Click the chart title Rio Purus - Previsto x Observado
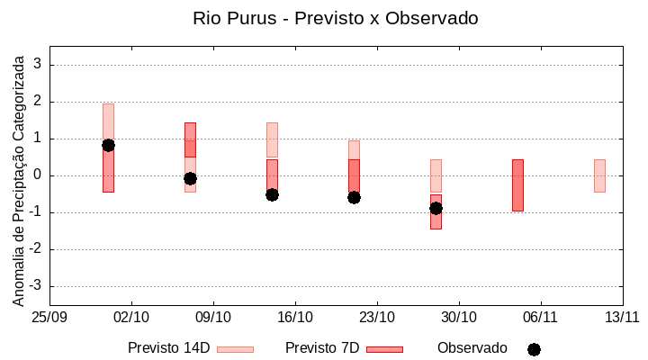(336, 18)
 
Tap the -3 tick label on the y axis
(36, 286)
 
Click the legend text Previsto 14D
(168, 348)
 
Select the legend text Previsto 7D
(322, 348)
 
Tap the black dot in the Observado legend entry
(534, 349)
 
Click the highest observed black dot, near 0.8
(108, 145)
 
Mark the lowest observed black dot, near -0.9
(436, 208)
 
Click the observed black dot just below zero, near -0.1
(190, 178)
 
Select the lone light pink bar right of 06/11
(599, 175)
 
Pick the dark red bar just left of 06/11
(517, 185)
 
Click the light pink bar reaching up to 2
(108, 121)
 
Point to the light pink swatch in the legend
(236, 349)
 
